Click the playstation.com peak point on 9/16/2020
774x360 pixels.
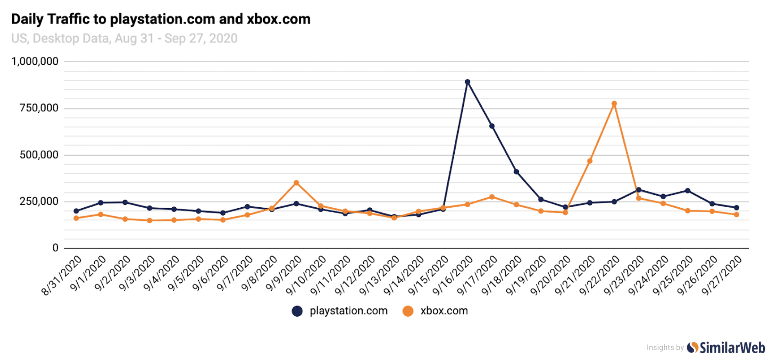[x=467, y=82]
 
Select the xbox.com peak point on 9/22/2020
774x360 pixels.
[x=614, y=104]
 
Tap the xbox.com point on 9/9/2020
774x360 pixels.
[x=296, y=183]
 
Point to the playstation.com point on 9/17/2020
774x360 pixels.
[x=492, y=126]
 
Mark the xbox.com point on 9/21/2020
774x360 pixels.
[x=590, y=161]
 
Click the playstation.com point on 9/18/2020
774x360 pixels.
[x=516, y=172]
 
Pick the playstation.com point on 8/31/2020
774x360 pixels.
[x=76, y=211]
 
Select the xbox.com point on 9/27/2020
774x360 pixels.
[x=736, y=215]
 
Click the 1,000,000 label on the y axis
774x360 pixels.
[x=35, y=62]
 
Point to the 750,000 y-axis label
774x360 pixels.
[x=39, y=108]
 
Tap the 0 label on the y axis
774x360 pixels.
[x=55, y=248]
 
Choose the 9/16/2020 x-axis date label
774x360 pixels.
[x=453, y=275]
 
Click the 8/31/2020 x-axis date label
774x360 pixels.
[x=62, y=275]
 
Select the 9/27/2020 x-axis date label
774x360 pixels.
[x=722, y=275]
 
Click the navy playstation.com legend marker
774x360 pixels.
[x=297, y=311]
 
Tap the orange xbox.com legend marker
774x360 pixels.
[x=408, y=311]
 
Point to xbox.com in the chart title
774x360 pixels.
[x=279, y=19]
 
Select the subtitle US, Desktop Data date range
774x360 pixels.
[x=125, y=39]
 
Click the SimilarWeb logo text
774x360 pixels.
[x=732, y=347]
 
